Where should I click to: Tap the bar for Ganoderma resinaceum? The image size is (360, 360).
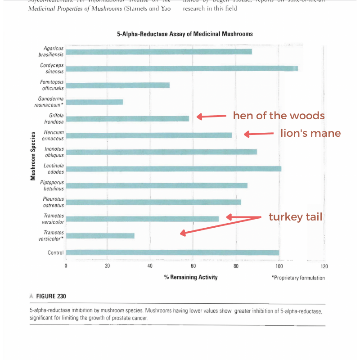click(x=94, y=102)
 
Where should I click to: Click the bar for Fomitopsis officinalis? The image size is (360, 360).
click(x=118, y=85)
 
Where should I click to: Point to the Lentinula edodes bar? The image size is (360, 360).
click(x=174, y=169)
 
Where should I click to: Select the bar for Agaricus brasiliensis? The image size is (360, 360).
click(x=159, y=51)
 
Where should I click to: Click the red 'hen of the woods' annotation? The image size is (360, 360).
click(x=279, y=116)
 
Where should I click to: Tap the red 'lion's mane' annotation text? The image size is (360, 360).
click(x=310, y=133)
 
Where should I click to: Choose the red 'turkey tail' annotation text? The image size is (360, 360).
click(x=295, y=217)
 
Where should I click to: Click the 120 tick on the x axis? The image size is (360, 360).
click(x=321, y=266)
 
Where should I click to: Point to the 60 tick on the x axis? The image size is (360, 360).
click(x=193, y=266)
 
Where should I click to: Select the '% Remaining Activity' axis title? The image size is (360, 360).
click(x=191, y=277)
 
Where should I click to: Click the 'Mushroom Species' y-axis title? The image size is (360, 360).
click(x=33, y=155)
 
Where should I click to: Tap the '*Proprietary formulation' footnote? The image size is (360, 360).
click(x=298, y=278)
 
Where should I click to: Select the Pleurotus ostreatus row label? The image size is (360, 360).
click(x=53, y=202)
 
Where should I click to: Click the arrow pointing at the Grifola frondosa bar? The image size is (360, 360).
click(x=211, y=117)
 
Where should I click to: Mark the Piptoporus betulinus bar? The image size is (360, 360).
click(x=157, y=185)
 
